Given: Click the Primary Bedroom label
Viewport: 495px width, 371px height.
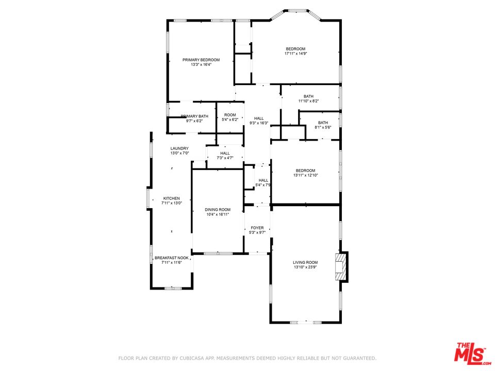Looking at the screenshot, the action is point(201,60).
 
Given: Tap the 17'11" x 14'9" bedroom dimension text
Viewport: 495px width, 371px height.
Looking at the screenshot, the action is point(296,54).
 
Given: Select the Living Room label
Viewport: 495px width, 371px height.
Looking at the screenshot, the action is point(305,262).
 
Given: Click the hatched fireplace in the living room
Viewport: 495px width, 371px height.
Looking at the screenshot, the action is point(341,267).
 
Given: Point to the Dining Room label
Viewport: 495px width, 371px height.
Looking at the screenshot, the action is point(218,210).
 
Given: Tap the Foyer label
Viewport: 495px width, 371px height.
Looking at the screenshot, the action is point(257,228).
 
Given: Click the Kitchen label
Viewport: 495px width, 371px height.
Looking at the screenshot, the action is point(171,198).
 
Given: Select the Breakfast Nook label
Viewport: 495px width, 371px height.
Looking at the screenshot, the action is point(171,258).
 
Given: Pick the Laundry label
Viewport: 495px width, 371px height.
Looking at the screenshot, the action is point(179,148).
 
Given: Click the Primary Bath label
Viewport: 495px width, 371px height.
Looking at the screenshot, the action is point(194,116).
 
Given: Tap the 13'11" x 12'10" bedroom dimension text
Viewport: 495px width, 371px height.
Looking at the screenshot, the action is point(306,175).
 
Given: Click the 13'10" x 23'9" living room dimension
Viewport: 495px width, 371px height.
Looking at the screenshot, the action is point(305,267).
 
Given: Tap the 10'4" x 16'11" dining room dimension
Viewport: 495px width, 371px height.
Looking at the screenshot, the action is point(218,214).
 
